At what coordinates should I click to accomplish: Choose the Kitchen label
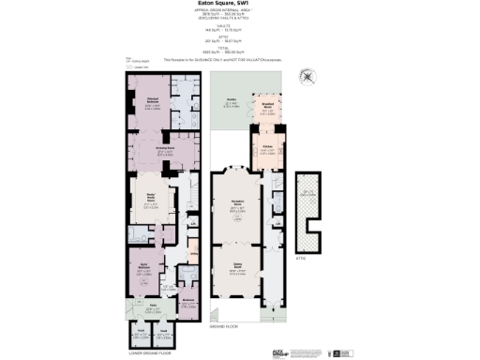click(266, 147)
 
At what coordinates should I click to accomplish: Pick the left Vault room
click(141, 332)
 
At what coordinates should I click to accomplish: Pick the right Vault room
click(166, 332)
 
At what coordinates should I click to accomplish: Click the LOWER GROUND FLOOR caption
click(153, 353)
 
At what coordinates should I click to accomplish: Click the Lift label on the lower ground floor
click(192, 222)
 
